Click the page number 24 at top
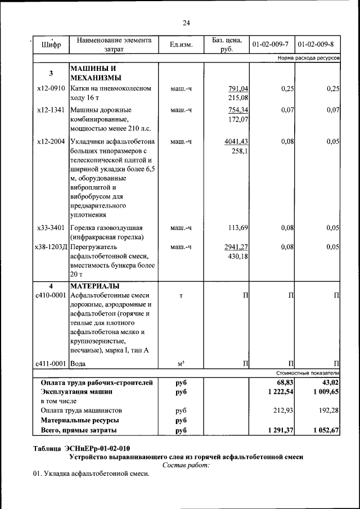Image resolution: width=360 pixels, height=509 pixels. point(186,22)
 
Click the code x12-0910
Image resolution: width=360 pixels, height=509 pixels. point(51,89)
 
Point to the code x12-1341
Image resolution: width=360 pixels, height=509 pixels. point(51,110)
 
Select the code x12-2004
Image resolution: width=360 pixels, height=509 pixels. point(51,141)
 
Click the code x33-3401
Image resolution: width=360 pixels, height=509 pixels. point(51,228)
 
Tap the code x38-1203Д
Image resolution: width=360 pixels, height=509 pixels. point(51,247)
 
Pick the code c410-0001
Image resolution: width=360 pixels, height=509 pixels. point(51,295)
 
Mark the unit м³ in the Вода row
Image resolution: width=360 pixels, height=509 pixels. point(181,364)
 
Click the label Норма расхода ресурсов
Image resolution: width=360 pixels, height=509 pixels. point(308,58)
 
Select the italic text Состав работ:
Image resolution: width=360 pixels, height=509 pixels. point(186,465)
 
